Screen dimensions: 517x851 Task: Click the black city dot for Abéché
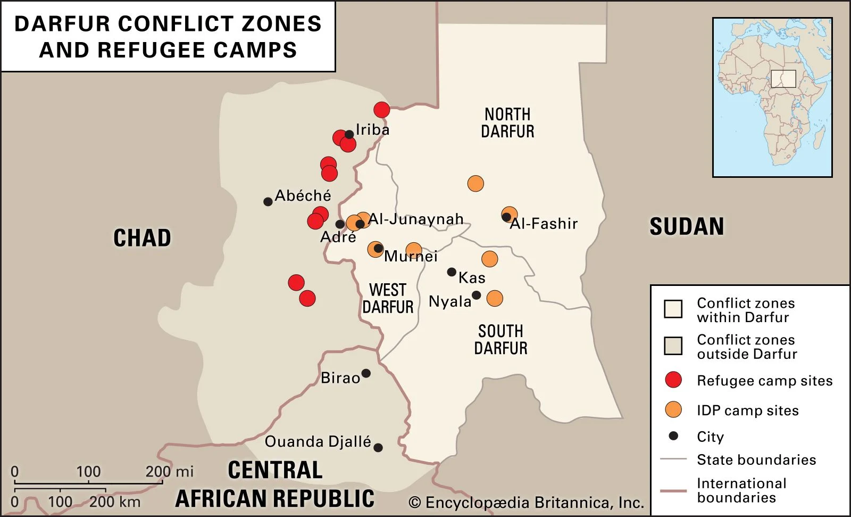pyautogui.click(x=268, y=202)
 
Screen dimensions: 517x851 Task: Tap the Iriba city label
pyautogui.click(x=372, y=130)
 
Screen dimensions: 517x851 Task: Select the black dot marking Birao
pyautogui.click(x=366, y=373)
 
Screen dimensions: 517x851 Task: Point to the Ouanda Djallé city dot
pyautogui.click(x=378, y=448)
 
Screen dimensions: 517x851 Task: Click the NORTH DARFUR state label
pyautogui.click(x=507, y=123)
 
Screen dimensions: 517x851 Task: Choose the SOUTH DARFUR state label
pyautogui.click(x=500, y=340)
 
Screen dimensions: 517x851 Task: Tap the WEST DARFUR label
pyautogui.click(x=388, y=299)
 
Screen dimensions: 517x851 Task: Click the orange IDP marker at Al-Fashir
pyautogui.click(x=510, y=215)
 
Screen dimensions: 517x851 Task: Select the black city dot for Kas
pyautogui.click(x=452, y=272)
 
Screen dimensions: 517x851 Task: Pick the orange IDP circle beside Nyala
pyautogui.click(x=495, y=298)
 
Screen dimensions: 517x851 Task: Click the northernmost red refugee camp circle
pyautogui.click(x=381, y=110)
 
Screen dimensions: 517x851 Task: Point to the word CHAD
pyautogui.click(x=142, y=238)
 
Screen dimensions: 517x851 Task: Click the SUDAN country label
pyautogui.click(x=687, y=227)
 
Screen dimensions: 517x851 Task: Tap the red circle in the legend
pyautogui.click(x=673, y=380)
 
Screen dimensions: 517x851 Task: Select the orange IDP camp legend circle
pyautogui.click(x=673, y=409)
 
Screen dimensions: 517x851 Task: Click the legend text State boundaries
pyautogui.click(x=756, y=460)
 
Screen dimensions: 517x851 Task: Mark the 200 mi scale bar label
pyautogui.click(x=169, y=472)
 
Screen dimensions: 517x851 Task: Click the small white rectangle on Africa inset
pyautogui.click(x=783, y=79)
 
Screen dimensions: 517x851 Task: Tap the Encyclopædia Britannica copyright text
pyautogui.click(x=526, y=503)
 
